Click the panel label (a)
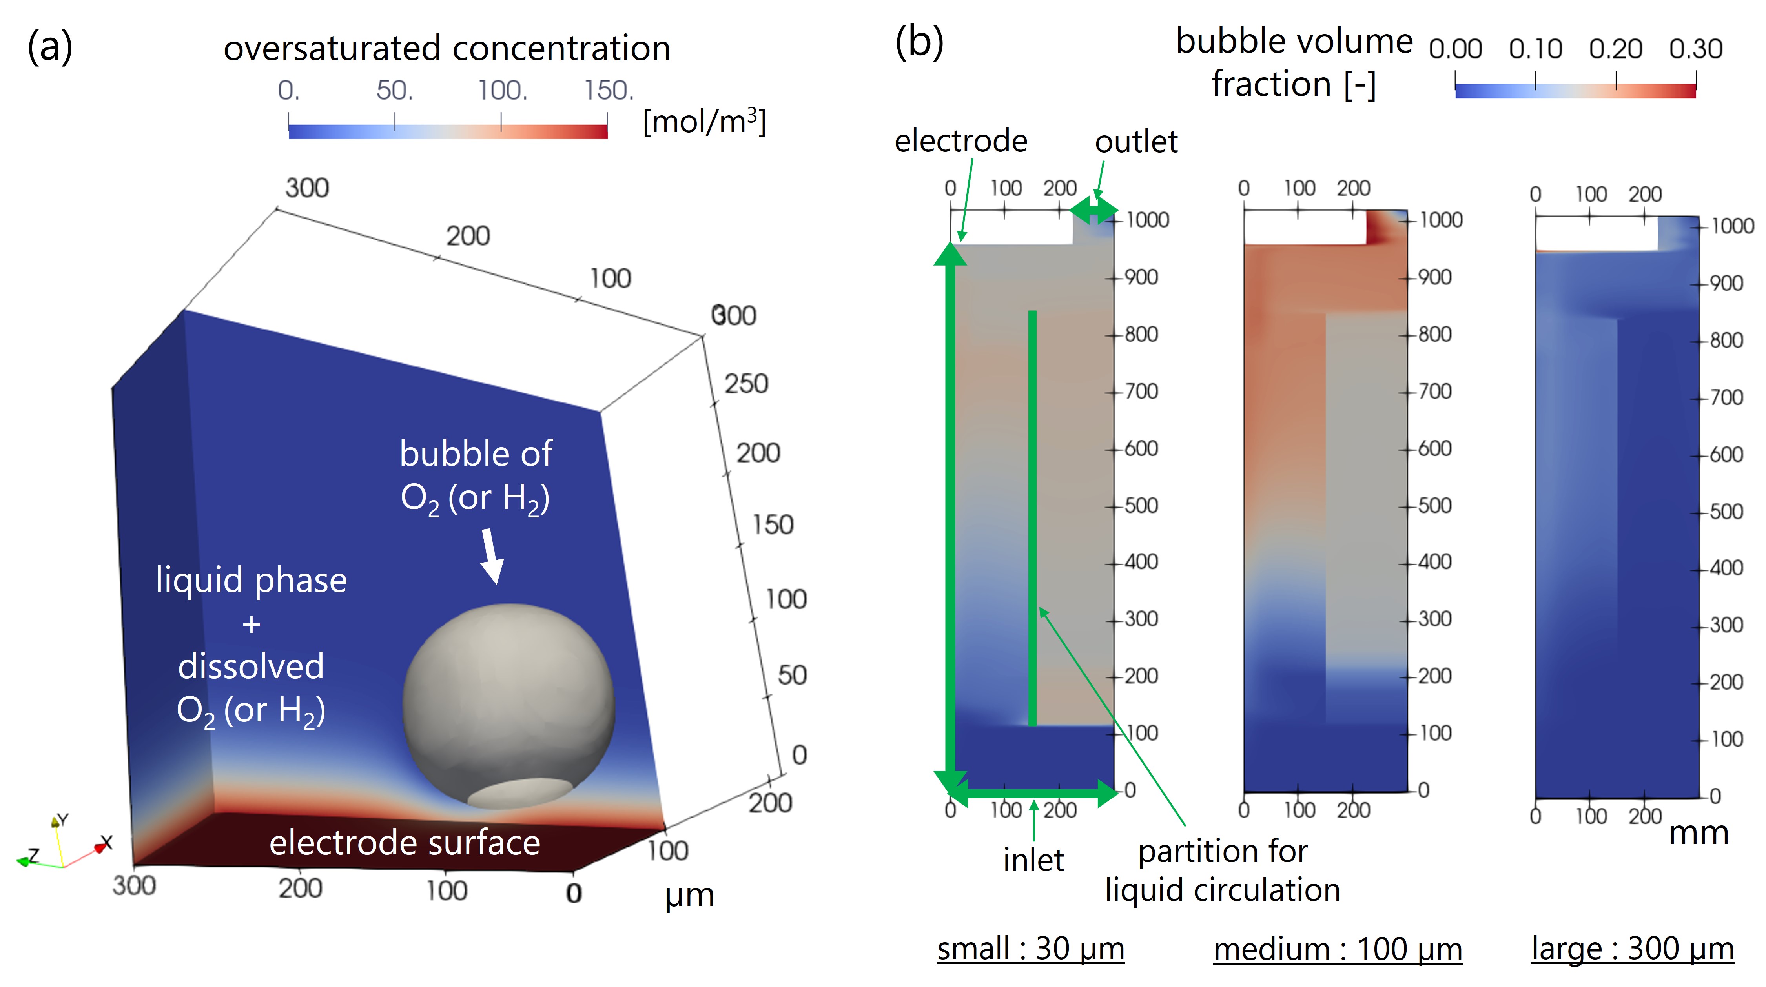pyautogui.click(x=49, y=48)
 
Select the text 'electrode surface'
pyautogui.click(x=405, y=842)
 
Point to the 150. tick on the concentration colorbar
pyautogui.click(x=607, y=91)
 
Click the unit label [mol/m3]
pyautogui.click(x=704, y=122)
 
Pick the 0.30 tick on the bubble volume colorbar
pyautogui.click(x=1695, y=49)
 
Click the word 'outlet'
pyautogui.click(x=1136, y=142)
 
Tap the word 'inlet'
pyautogui.click(x=1033, y=860)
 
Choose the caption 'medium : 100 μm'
pyautogui.click(x=1338, y=949)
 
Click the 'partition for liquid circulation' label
pyautogui.click(x=1222, y=870)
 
